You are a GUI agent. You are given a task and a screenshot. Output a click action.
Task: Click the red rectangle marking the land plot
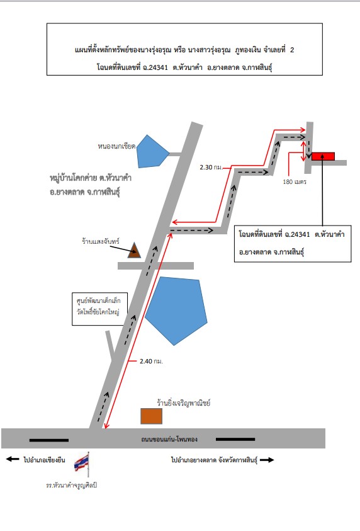323,156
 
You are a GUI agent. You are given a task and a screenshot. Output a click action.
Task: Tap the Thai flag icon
82,462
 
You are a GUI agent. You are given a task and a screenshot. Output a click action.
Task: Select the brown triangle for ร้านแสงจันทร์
134,250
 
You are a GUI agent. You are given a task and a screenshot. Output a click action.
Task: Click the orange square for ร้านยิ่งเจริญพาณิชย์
151,416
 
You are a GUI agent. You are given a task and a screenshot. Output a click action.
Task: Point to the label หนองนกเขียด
116,146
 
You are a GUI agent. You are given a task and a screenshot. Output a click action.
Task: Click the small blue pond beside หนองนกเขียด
152,151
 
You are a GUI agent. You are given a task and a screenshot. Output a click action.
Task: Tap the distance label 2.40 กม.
151,362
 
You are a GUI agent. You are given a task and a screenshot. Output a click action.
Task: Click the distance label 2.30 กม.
211,168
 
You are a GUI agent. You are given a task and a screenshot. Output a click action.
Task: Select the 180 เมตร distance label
295,182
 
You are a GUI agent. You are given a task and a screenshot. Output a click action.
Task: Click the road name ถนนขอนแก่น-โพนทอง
169,439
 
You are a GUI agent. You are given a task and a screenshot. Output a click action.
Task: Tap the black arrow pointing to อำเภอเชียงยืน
13,459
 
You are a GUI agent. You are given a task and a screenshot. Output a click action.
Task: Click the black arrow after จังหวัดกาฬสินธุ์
267,460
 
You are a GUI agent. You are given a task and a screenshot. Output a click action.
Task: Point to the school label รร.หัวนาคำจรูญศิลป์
71,485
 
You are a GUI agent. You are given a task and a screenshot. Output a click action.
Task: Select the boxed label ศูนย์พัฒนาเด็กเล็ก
98,300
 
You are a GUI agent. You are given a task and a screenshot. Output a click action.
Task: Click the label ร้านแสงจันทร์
101,241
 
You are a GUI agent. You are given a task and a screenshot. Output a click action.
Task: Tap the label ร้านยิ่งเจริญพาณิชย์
184,403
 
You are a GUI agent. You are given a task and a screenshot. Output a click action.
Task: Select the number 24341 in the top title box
158,67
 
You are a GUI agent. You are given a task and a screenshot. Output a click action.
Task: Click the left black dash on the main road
49,440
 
